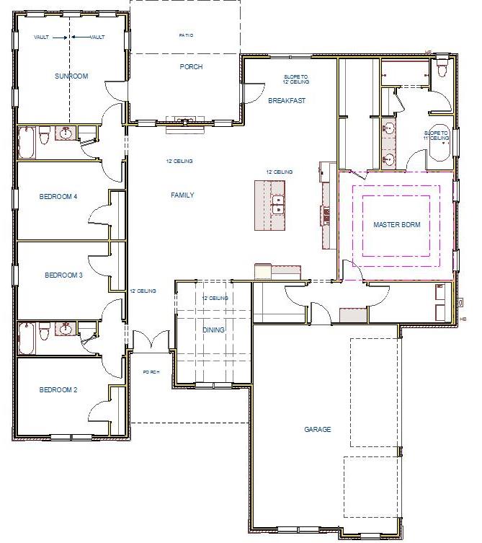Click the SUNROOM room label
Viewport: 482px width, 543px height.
(71, 76)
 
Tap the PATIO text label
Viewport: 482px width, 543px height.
(186, 35)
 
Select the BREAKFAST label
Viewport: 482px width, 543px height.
(287, 101)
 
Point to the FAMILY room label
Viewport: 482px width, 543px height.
(182, 195)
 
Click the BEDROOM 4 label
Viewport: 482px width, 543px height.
(58, 196)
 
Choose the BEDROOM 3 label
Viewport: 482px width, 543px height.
(63, 275)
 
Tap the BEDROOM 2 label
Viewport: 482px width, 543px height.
(58, 390)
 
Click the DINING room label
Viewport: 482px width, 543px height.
(213, 330)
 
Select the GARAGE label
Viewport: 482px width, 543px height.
(317, 430)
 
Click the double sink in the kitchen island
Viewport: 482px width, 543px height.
(277, 206)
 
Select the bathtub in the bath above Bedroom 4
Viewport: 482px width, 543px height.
(26, 142)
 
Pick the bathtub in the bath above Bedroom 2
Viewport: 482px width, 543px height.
(26, 339)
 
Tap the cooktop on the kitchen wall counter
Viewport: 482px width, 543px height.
(326, 215)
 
